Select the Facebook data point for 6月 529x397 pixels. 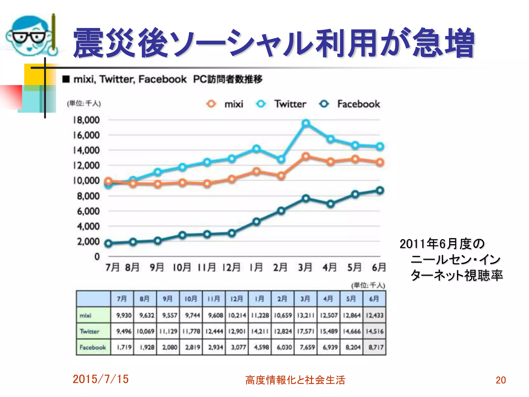pos(380,191)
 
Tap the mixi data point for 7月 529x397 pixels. pos(108,181)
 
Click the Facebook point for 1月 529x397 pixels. pos(256,222)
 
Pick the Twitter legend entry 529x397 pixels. pos(281,104)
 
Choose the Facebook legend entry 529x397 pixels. pos(349,104)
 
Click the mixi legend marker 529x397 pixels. pos(211,104)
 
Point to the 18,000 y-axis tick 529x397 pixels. pos(86,120)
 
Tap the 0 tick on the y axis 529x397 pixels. pos(97,257)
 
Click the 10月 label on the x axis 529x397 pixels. pos(182,268)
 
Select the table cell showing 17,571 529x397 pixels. pos(306,331)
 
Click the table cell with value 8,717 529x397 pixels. pos(375,347)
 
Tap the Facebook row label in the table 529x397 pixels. pos(93,347)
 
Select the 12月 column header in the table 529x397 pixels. pos(237,299)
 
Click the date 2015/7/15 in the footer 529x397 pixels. pos(100,379)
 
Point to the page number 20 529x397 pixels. pos(501,380)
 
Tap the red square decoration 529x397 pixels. pos(11,97)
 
